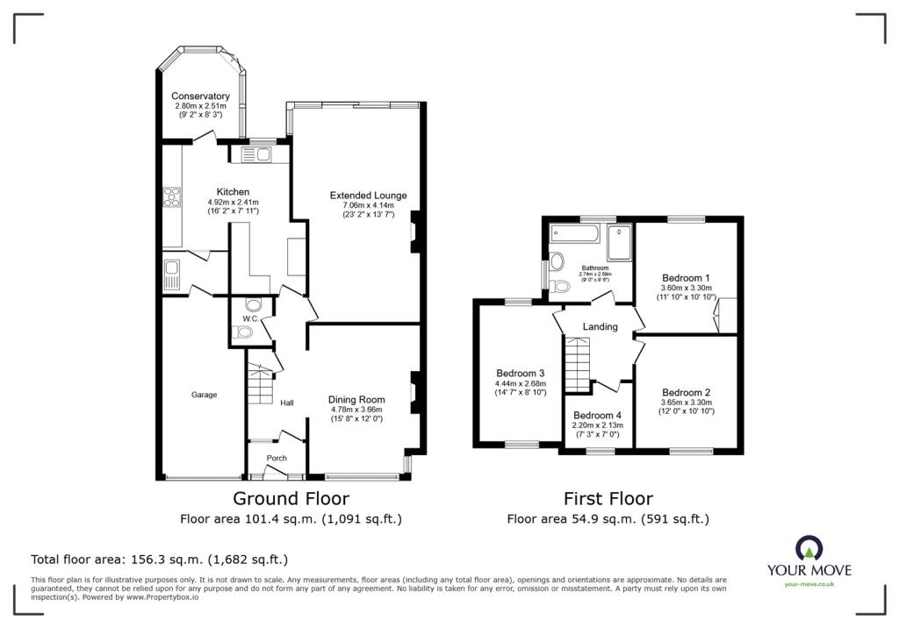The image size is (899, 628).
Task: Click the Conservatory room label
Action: [x=200, y=96]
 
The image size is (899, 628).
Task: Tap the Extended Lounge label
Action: [x=368, y=195]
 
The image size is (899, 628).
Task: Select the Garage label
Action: [x=204, y=396]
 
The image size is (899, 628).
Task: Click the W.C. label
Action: [x=250, y=318]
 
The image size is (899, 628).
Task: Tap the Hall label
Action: [x=286, y=403]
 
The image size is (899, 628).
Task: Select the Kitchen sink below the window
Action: [x=255, y=155]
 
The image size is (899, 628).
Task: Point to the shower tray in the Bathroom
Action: [x=619, y=242]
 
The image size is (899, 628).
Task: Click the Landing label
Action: [x=601, y=327]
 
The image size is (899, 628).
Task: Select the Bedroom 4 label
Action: [x=597, y=416]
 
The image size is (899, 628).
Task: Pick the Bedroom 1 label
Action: [x=686, y=277]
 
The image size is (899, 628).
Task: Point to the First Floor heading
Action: [x=608, y=499]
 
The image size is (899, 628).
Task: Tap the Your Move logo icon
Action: [x=809, y=547]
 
